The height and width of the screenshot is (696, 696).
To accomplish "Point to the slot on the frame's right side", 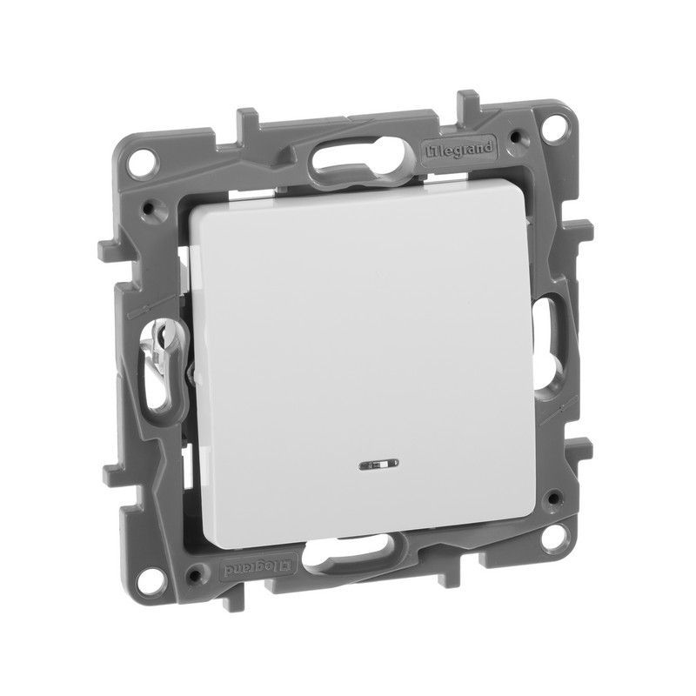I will (x=552, y=330).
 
